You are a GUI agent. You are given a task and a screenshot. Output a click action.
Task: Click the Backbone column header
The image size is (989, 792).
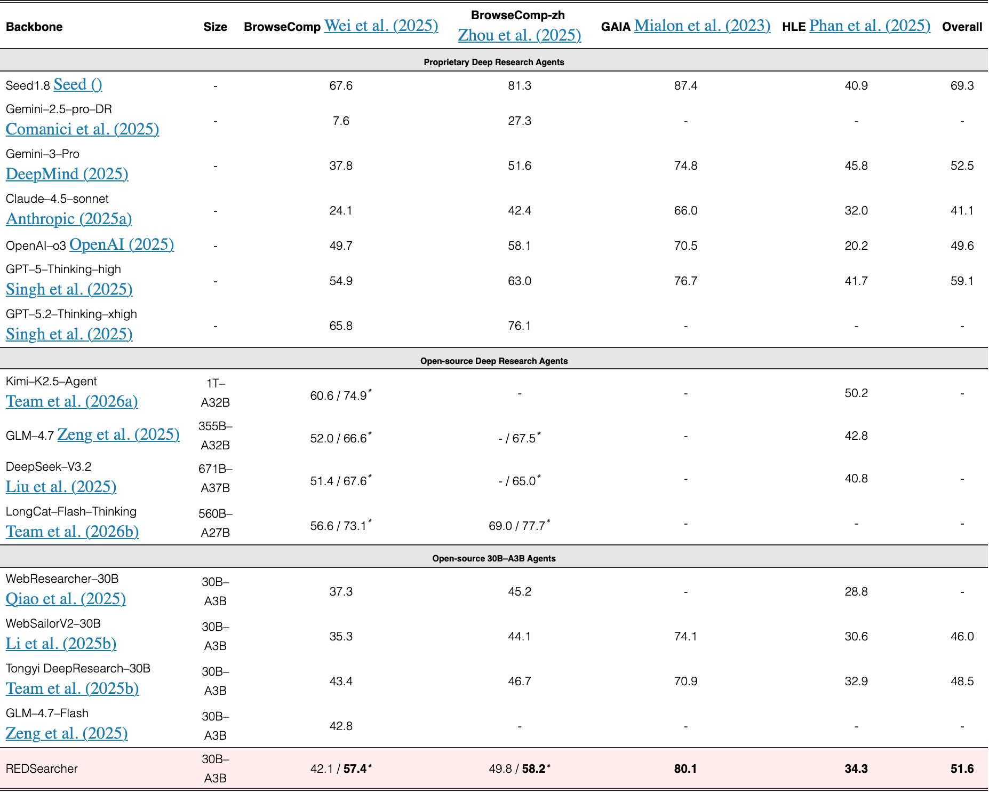(x=34, y=27)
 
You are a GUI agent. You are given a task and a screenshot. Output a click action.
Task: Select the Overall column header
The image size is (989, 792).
(x=962, y=27)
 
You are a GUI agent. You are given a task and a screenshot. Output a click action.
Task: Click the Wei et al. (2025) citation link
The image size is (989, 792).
(x=381, y=26)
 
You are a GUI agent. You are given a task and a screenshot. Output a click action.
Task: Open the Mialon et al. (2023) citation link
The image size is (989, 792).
(x=702, y=26)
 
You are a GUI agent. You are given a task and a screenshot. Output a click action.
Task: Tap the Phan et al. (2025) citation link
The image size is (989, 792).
(x=870, y=26)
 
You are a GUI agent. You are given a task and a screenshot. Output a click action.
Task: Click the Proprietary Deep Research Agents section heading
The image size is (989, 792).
(x=494, y=62)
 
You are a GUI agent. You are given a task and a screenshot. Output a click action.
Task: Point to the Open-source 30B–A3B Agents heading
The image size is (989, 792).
(x=494, y=558)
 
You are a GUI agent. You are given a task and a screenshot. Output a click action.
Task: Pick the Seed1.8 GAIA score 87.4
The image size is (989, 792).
(x=685, y=85)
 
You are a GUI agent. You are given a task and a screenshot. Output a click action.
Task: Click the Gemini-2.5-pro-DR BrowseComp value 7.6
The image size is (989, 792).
(x=341, y=121)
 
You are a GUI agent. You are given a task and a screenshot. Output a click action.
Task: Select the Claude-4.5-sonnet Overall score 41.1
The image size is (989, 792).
(x=962, y=210)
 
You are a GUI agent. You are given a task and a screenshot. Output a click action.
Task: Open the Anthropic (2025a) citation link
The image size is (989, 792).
(x=69, y=219)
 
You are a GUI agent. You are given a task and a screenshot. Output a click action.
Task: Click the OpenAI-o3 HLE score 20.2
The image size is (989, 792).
(x=856, y=245)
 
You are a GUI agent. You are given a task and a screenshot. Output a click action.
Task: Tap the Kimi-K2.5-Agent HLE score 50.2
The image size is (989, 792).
(x=856, y=393)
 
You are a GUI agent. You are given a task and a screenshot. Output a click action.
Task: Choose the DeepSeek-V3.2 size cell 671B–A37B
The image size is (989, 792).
(x=216, y=478)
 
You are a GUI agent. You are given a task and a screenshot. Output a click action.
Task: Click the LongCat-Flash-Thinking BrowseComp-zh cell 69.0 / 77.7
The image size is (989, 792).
(x=520, y=525)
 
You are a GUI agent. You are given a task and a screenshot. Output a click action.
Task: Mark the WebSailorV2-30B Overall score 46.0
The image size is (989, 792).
(x=962, y=636)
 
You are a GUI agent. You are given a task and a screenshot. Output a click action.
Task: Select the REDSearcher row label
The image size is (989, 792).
(x=42, y=769)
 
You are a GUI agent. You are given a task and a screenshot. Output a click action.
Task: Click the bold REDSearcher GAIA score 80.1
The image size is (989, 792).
(x=685, y=769)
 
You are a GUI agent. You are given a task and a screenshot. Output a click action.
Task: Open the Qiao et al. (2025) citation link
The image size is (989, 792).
(x=66, y=599)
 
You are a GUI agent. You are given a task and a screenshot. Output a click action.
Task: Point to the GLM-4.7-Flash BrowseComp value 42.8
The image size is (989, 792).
(x=341, y=726)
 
